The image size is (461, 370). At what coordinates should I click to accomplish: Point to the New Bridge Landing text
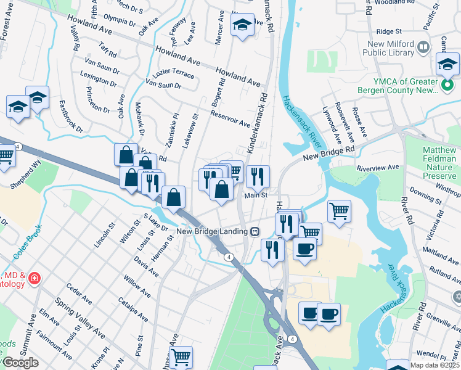click(212, 231)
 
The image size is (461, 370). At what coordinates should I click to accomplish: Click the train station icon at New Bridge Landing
click(254, 231)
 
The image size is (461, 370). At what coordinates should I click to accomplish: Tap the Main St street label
click(256, 195)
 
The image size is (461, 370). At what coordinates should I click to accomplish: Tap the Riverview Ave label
click(378, 166)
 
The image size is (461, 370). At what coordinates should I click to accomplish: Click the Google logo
click(20, 362)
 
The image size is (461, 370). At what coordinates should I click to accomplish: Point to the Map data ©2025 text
click(434, 365)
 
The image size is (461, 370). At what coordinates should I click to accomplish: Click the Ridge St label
click(388, 31)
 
